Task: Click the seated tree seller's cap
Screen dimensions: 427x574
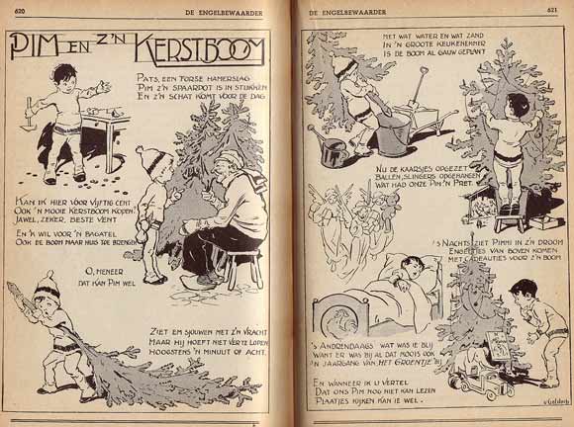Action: tap(231, 160)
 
